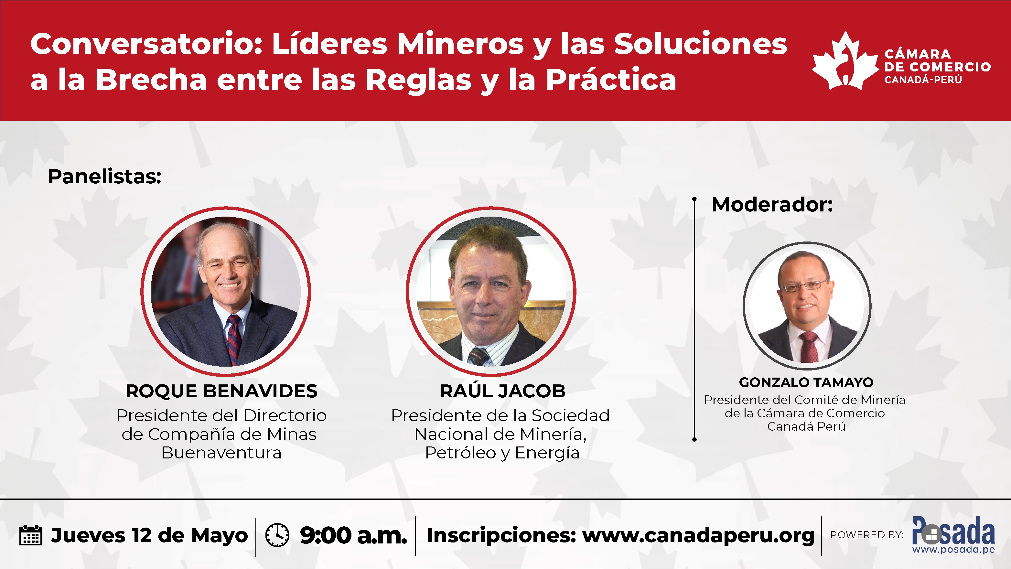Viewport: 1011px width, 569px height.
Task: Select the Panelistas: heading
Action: [104, 177]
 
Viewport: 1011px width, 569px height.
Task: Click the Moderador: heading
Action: [772, 205]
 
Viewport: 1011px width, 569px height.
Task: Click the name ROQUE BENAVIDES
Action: [221, 391]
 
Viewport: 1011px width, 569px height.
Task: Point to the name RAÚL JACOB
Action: [502, 391]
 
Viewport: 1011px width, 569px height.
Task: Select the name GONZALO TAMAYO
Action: [806, 382]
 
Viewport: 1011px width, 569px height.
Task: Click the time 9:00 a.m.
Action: [354, 535]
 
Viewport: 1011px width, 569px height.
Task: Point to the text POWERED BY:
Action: [866, 535]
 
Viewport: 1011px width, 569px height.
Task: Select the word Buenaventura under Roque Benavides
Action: [221, 453]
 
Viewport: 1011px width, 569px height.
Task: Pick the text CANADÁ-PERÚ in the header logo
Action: [923, 80]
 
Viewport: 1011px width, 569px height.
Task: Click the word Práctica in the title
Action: [611, 80]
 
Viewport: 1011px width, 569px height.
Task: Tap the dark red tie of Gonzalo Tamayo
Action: [809, 346]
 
